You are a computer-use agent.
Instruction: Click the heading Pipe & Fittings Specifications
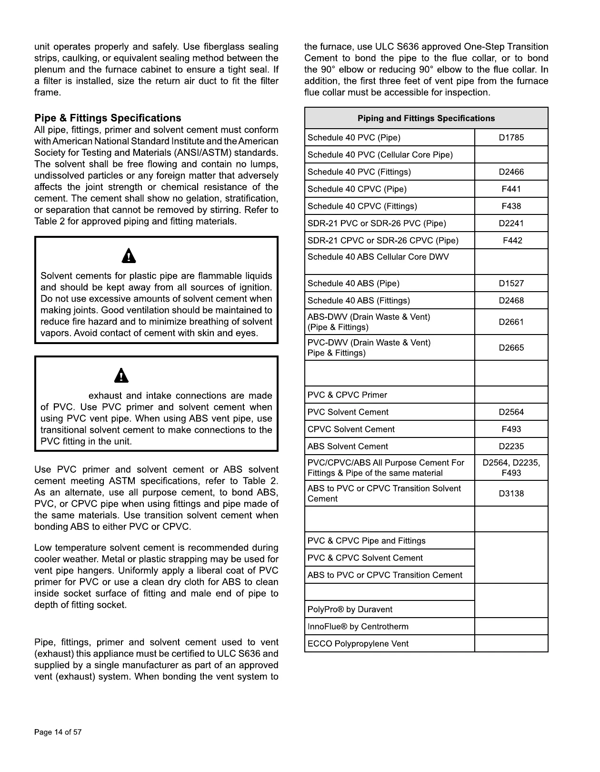point(108,118)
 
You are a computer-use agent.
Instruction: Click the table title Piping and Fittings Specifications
point(426,118)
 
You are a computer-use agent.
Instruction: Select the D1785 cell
point(511,138)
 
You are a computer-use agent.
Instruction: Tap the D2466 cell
point(511,172)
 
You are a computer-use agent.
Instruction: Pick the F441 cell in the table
point(511,189)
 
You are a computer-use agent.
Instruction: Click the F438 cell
point(511,206)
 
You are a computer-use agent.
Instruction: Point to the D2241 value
point(511,223)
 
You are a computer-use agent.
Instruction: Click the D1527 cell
point(511,284)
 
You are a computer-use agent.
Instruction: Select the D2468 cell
point(511,301)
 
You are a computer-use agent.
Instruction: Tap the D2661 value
point(511,322)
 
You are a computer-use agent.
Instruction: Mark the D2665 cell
point(511,348)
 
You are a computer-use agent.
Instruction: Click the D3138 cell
point(511,494)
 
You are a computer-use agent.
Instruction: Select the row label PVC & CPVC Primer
point(347,395)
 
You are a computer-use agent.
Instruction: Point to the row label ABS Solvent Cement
point(348,447)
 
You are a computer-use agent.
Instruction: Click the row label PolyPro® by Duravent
point(350,609)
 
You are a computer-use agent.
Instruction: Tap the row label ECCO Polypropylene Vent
point(358,644)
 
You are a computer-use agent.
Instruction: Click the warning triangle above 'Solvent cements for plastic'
point(129,256)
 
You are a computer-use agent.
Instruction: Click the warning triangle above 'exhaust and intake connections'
point(122,376)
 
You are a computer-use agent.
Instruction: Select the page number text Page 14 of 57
point(58,732)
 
